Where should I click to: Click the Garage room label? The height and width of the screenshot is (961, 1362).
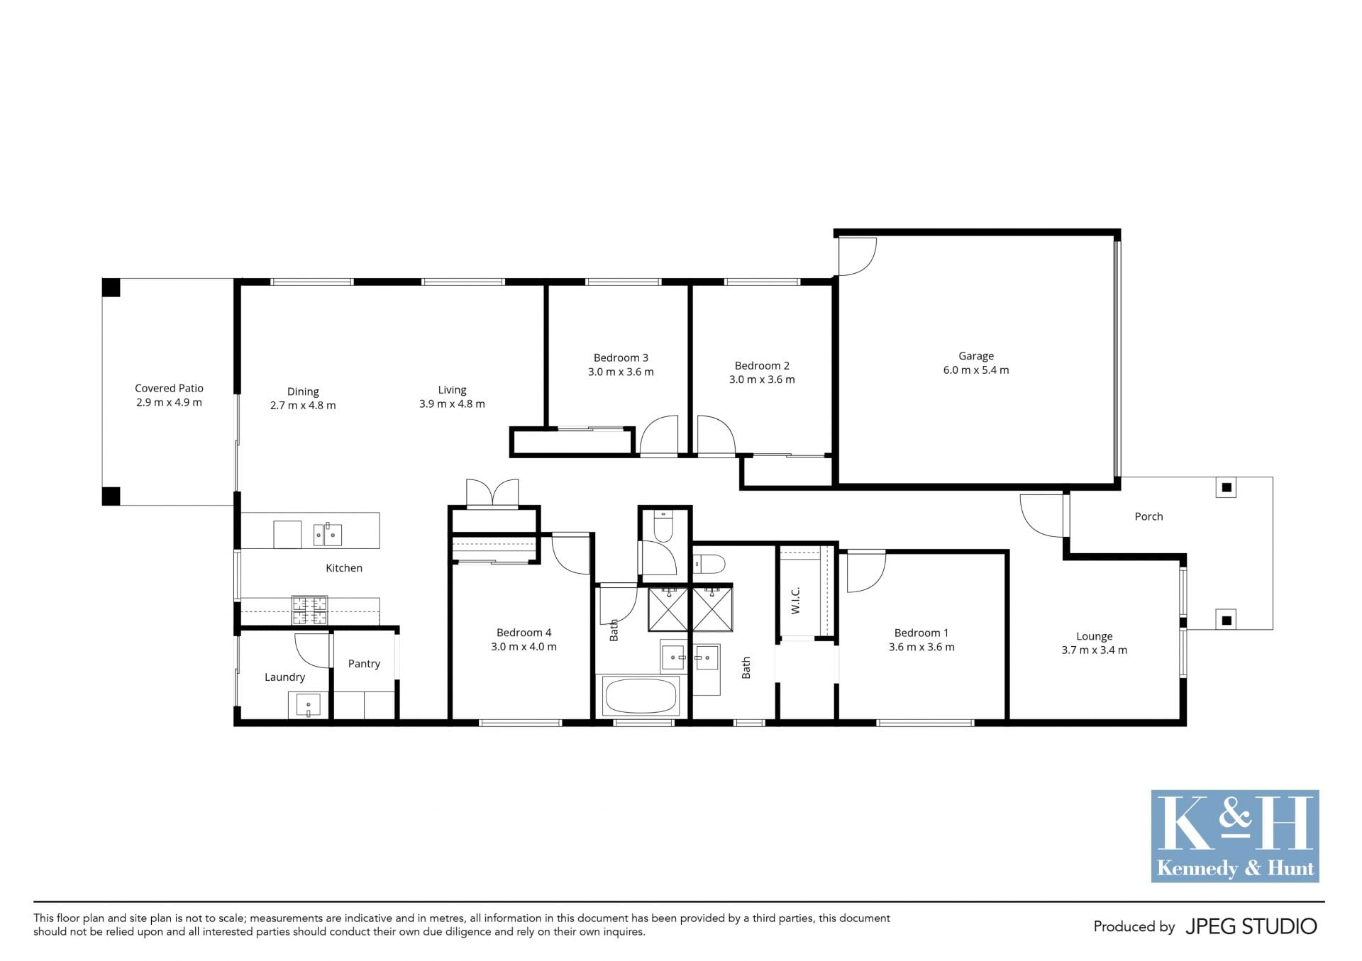pyautogui.click(x=975, y=356)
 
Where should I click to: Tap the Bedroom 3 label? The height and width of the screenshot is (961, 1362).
pyautogui.click(x=621, y=358)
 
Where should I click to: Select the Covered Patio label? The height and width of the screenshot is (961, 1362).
pyautogui.click(x=169, y=389)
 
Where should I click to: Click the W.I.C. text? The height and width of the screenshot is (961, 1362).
pyautogui.click(x=795, y=600)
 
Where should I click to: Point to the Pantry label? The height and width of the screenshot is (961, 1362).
pyautogui.click(x=364, y=664)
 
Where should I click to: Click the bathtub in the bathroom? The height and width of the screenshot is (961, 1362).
pyautogui.click(x=641, y=696)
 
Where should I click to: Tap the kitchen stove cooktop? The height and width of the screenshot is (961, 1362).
pyautogui.click(x=310, y=610)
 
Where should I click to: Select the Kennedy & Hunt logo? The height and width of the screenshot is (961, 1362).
pyautogui.click(x=1234, y=836)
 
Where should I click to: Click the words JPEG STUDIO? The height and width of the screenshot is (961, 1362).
pyautogui.click(x=1251, y=926)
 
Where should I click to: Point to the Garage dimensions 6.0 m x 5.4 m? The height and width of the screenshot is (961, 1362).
pyautogui.click(x=975, y=370)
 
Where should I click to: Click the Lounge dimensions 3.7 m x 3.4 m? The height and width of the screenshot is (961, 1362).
pyautogui.click(x=1094, y=650)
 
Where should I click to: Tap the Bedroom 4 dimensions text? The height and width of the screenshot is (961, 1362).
pyautogui.click(x=524, y=647)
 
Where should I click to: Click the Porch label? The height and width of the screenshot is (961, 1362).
pyautogui.click(x=1148, y=517)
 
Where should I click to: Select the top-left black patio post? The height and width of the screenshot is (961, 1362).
pyautogui.click(x=111, y=287)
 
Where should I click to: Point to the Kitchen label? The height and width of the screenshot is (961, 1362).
pyautogui.click(x=344, y=568)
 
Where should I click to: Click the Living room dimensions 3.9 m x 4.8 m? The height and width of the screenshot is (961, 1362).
pyautogui.click(x=452, y=404)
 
